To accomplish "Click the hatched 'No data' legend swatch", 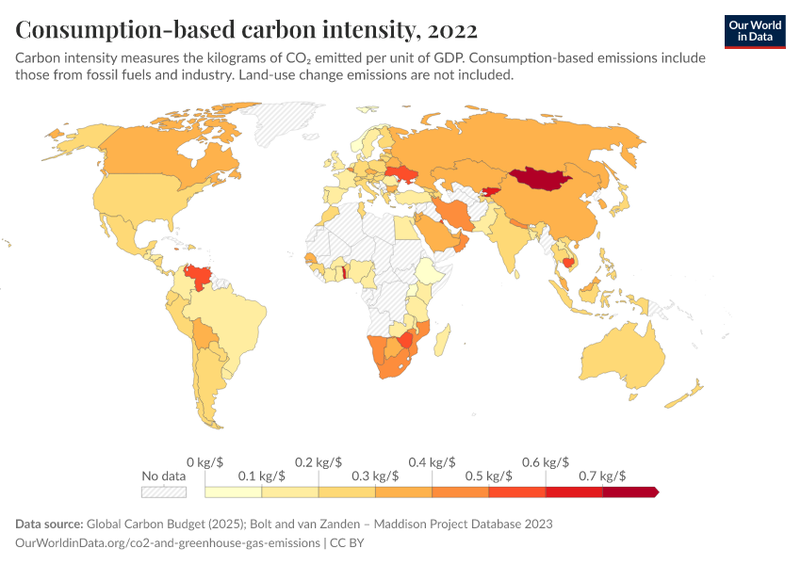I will (163, 492).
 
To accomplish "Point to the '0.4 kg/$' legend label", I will (432, 462).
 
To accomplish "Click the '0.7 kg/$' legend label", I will (602, 476).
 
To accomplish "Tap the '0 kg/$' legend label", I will (204, 462).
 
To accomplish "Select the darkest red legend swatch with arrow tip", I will (629, 492).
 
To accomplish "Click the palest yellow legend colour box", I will (234, 492).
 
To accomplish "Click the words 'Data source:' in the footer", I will (49, 524).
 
